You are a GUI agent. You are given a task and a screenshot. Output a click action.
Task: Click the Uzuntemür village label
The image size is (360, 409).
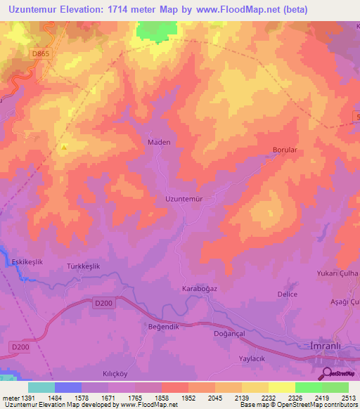184,199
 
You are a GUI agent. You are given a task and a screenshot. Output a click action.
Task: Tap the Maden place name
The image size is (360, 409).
158,142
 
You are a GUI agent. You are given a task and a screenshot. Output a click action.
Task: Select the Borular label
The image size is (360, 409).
286,150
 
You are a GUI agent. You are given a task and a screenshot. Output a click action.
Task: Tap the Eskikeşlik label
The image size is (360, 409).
27,261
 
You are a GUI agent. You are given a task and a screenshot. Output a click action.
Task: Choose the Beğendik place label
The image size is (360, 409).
164,327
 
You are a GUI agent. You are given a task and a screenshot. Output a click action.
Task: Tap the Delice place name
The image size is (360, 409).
287,294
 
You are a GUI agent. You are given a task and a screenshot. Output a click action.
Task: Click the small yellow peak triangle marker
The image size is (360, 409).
64,147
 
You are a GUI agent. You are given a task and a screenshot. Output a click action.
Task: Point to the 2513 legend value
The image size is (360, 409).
349,398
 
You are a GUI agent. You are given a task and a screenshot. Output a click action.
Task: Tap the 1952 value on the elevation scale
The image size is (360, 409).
188,398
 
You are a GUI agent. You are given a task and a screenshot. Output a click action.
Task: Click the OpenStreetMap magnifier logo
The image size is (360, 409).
326,373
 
